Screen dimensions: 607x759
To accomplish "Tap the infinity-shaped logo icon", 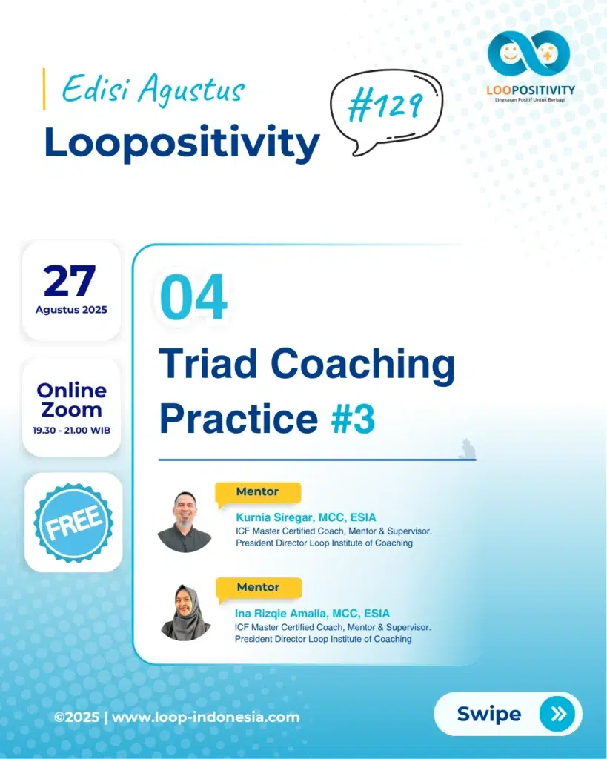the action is [528, 53].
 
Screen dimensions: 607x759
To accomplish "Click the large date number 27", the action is [69, 281].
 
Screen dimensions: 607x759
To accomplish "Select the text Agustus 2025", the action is [71, 310].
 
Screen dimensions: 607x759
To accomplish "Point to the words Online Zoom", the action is [72, 400].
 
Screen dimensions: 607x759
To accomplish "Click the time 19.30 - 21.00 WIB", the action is [72, 431].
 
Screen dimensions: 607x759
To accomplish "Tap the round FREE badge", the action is [73, 523].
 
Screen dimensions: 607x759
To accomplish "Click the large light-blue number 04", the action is [193, 296].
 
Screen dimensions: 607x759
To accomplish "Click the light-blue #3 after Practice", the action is [353, 420].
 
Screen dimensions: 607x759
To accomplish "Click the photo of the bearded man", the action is [185, 523].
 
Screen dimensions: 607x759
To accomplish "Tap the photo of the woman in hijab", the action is [185, 613].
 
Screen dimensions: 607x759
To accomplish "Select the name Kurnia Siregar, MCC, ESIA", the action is [306, 517].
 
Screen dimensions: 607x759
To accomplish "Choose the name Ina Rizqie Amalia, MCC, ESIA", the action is [312, 614].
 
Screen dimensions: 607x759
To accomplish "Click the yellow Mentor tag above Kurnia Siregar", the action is [258, 493].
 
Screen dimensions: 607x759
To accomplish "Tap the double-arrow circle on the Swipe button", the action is [559, 714].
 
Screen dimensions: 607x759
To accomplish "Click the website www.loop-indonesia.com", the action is [206, 717].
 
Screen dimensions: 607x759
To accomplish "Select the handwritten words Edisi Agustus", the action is [153, 90].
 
